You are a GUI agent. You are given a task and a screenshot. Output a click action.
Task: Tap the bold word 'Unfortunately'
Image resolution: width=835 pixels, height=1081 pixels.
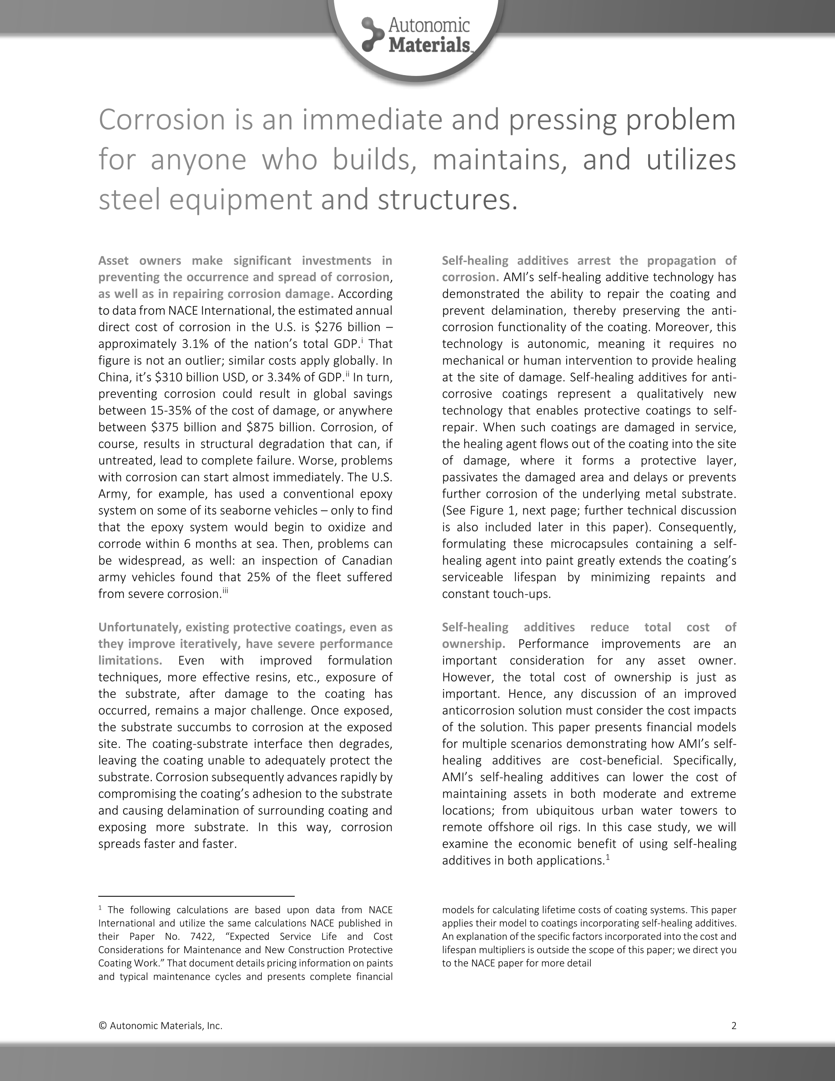tap(137, 627)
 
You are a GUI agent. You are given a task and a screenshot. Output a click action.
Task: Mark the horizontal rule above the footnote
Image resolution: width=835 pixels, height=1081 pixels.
tap(196, 896)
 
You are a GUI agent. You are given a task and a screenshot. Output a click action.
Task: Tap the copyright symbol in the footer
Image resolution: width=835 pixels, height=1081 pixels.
tap(102, 1026)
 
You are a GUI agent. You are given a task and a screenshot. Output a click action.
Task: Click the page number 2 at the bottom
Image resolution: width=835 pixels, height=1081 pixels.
tap(734, 1026)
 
